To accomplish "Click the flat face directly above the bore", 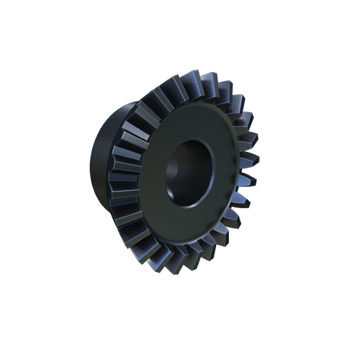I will [192, 124].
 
